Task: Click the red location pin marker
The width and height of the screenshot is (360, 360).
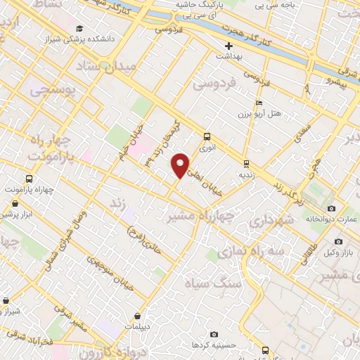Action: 181,165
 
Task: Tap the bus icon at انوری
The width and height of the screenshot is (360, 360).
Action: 207,136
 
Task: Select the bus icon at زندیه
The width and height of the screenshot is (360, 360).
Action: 245,162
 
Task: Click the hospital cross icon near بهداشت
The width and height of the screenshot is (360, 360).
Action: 229,46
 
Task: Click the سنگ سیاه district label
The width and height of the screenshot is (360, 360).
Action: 212,283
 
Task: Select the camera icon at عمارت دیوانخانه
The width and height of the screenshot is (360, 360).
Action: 332,208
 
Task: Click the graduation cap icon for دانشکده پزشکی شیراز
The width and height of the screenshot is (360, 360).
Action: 79,29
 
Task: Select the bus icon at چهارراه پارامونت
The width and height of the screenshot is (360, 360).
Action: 29,179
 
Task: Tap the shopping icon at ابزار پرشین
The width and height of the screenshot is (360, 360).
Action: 15,204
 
